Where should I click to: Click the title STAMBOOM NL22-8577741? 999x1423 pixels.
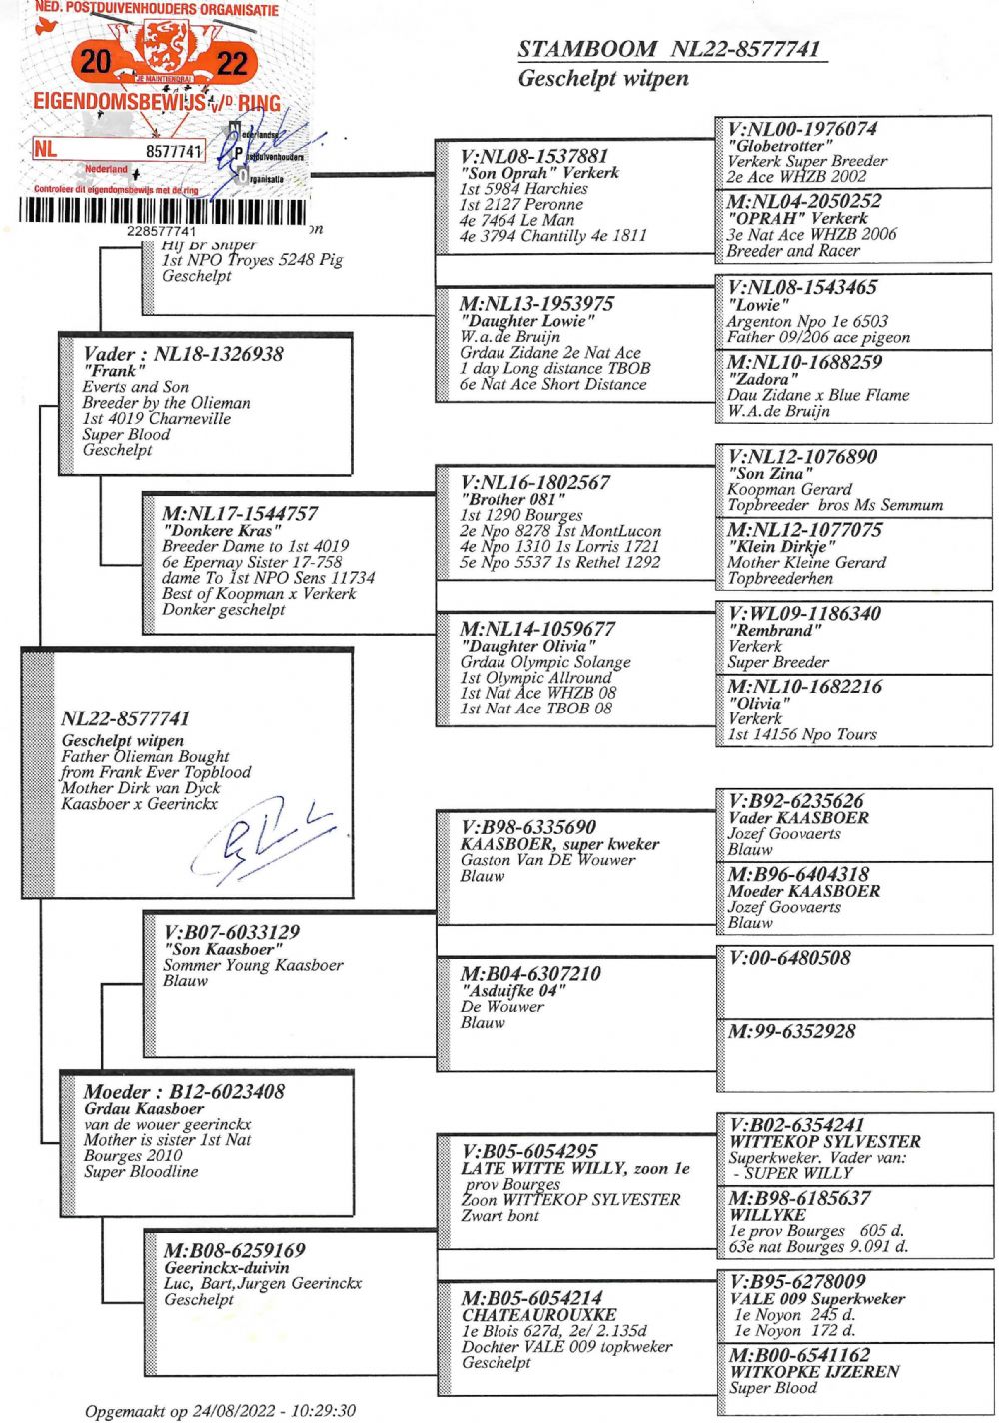click(x=669, y=49)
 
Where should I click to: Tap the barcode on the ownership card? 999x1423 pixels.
click(x=160, y=211)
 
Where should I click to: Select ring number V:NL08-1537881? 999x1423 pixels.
click(x=534, y=156)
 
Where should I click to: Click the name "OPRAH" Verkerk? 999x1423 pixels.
click(x=797, y=218)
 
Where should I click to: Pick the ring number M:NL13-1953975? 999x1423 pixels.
click(x=536, y=304)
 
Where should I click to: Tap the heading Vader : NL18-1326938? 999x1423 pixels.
click(x=183, y=354)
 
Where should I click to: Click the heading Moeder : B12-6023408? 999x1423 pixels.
click(x=184, y=1091)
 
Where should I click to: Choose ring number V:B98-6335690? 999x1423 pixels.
click(x=528, y=827)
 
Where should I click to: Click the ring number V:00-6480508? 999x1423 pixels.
click(x=789, y=958)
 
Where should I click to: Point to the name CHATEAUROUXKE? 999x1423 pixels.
click(x=538, y=1315)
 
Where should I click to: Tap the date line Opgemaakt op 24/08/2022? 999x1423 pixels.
click(x=220, y=1411)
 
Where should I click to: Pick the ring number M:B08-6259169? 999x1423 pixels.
click(x=235, y=1250)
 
